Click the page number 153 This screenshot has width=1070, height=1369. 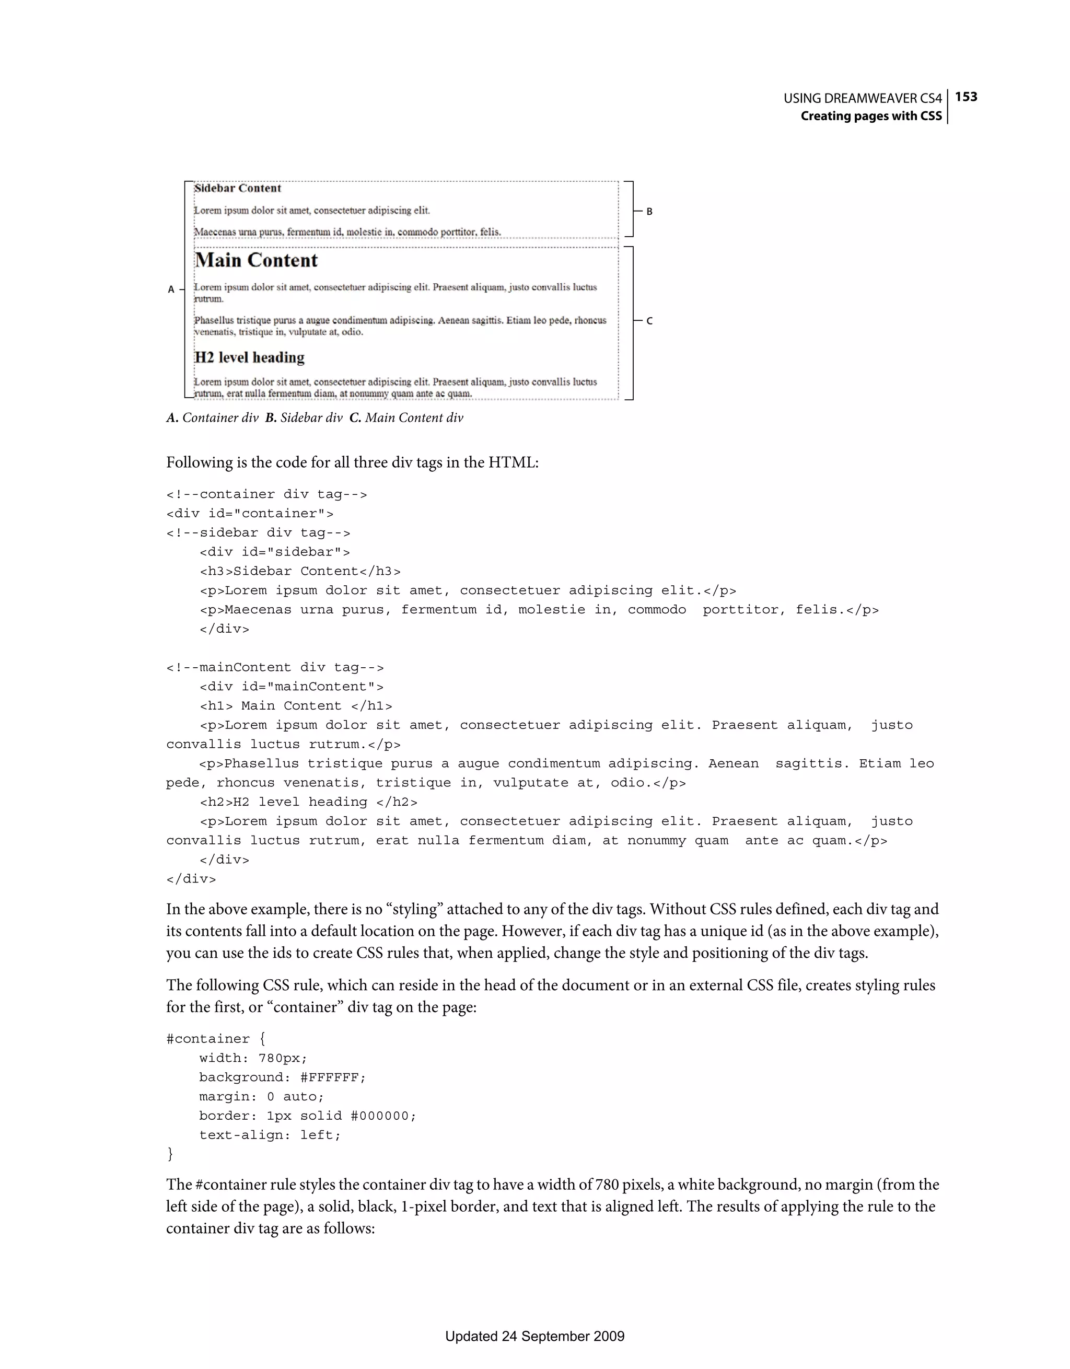point(966,97)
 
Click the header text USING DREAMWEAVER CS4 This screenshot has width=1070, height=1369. point(863,98)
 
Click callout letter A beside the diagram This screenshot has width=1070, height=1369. point(171,289)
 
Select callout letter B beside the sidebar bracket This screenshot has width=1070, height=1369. point(649,212)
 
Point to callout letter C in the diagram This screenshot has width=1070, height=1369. point(649,321)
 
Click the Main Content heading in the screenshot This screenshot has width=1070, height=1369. point(257,260)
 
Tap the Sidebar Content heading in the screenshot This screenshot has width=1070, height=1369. point(238,188)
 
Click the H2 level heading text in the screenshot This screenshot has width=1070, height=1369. point(250,357)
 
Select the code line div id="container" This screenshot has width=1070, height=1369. point(250,513)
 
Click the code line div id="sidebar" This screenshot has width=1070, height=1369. point(274,552)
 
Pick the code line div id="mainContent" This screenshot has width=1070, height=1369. point(292,687)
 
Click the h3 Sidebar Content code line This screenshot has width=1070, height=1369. point(299,571)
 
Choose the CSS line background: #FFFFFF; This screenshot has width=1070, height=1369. point(282,1077)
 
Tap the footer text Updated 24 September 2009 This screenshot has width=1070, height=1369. point(534,1336)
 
